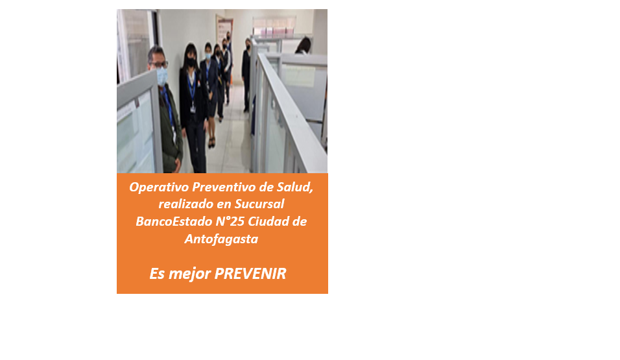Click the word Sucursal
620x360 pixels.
tap(259, 204)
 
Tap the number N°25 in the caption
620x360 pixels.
tap(230, 222)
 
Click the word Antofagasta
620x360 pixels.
tap(221, 239)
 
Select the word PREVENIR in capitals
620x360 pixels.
tap(250, 274)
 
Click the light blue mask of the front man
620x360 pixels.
tap(161, 76)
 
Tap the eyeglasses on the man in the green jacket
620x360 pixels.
tap(159, 64)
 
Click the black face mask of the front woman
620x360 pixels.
tap(191, 62)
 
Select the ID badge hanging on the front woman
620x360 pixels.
tap(193, 108)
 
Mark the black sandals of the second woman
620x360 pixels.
tap(211, 143)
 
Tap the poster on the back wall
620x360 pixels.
tap(224, 31)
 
